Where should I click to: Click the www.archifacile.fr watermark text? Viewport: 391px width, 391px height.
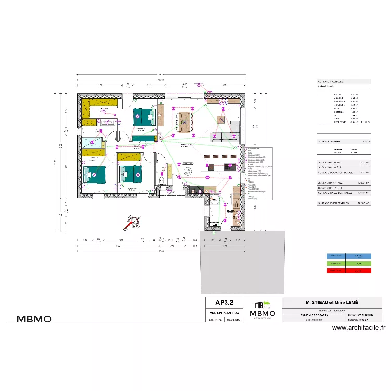click(358, 328)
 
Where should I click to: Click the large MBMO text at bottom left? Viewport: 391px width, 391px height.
click(34, 319)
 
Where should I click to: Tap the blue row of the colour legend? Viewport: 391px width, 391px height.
click(349, 256)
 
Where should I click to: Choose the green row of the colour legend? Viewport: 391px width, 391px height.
click(349, 264)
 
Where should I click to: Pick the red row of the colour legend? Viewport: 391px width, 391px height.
click(349, 271)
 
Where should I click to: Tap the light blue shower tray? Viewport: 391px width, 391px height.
click(92, 143)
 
